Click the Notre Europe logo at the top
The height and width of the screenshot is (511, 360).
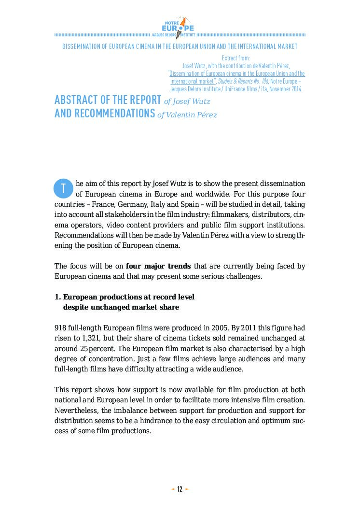click(180, 27)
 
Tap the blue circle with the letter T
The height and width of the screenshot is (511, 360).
click(63, 188)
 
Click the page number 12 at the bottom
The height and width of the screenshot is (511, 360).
click(180, 489)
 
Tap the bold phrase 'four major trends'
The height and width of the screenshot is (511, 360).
click(158, 266)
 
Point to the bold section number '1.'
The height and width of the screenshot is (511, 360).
click(57, 297)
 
